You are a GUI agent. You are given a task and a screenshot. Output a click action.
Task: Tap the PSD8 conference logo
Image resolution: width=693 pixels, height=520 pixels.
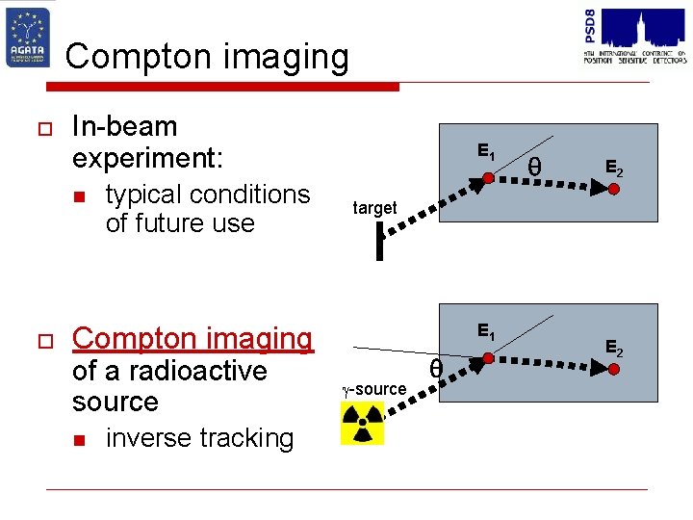(634, 35)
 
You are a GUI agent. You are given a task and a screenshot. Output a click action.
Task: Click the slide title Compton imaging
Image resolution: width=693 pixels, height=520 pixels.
(207, 57)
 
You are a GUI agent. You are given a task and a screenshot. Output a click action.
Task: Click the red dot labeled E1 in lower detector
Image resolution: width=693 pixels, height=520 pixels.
(487, 358)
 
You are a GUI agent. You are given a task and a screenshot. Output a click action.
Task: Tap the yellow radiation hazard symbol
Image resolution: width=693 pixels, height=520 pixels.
(362, 423)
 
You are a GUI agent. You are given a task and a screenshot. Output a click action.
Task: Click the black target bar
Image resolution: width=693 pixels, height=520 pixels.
(381, 241)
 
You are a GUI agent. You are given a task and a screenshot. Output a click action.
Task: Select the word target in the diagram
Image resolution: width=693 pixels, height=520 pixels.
(374, 208)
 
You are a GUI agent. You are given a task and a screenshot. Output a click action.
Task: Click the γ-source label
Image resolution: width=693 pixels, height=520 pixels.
(374, 389)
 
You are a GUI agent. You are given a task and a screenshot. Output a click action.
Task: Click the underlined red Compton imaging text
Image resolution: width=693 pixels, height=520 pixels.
(192, 339)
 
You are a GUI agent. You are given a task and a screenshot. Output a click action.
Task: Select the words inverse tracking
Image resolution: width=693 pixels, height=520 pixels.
(199, 438)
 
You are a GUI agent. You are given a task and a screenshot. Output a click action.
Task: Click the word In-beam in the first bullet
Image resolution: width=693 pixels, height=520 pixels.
(125, 126)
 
